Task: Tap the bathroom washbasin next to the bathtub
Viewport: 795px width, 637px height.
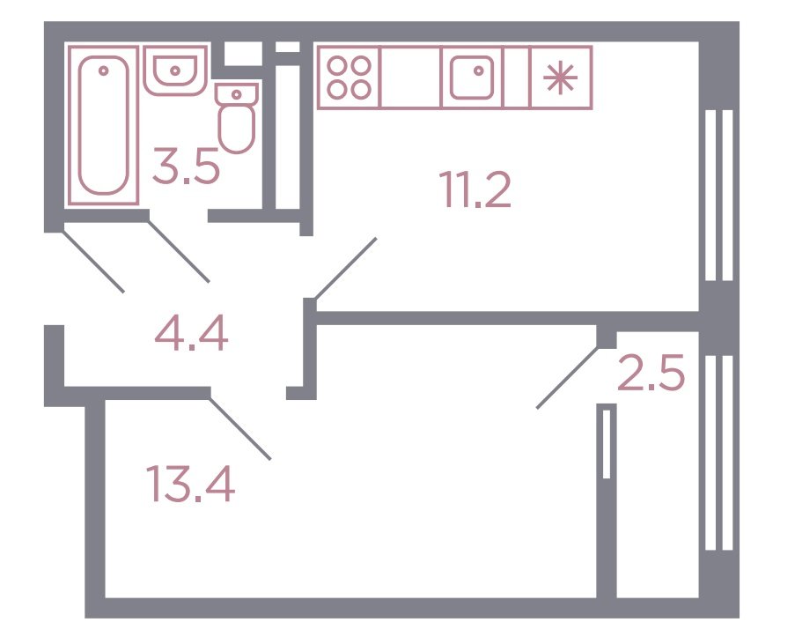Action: point(175,70)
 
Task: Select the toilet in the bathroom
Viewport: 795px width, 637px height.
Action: point(237,118)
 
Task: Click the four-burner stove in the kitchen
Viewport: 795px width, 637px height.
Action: point(349,78)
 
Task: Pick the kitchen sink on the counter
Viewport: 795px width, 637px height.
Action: point(472,78)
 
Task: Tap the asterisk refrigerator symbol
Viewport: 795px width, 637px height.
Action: point(560,78)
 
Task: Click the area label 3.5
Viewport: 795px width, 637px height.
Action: point(186,166)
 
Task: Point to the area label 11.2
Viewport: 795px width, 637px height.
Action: point(475,189)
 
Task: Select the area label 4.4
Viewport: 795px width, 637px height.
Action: point(192,333)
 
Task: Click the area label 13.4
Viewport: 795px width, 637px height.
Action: point(190,484)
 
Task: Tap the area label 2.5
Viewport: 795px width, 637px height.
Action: point(651,373)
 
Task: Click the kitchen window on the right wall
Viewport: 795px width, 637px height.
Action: point(719,196)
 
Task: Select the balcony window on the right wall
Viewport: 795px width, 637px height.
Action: point(719,453)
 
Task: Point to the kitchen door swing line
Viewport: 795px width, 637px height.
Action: point(346,269)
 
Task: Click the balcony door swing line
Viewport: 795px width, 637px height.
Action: point(568,377)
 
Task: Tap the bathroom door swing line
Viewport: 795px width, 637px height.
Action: point(178,251)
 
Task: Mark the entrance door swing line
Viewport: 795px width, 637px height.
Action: point(93,262)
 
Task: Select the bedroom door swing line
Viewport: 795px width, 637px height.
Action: point(239,428)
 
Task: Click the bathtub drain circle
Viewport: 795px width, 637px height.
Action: point(103,70)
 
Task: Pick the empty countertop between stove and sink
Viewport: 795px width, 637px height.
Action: point(410,78)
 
